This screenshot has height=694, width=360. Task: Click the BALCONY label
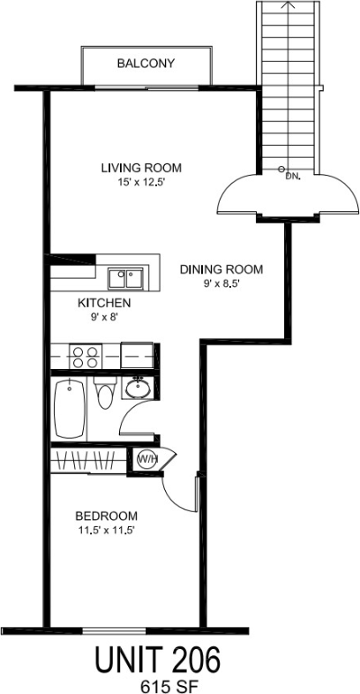146,64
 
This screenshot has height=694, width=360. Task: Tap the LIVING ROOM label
140,168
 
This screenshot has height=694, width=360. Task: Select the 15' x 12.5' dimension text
140,183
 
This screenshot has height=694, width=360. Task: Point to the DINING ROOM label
221,269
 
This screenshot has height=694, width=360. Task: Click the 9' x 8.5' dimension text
221,284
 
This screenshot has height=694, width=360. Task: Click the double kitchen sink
128,279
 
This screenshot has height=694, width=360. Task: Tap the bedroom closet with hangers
88,459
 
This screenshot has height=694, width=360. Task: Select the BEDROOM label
105,516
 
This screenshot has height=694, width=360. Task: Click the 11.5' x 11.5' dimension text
105,531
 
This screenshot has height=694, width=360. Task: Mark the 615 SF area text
159,684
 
